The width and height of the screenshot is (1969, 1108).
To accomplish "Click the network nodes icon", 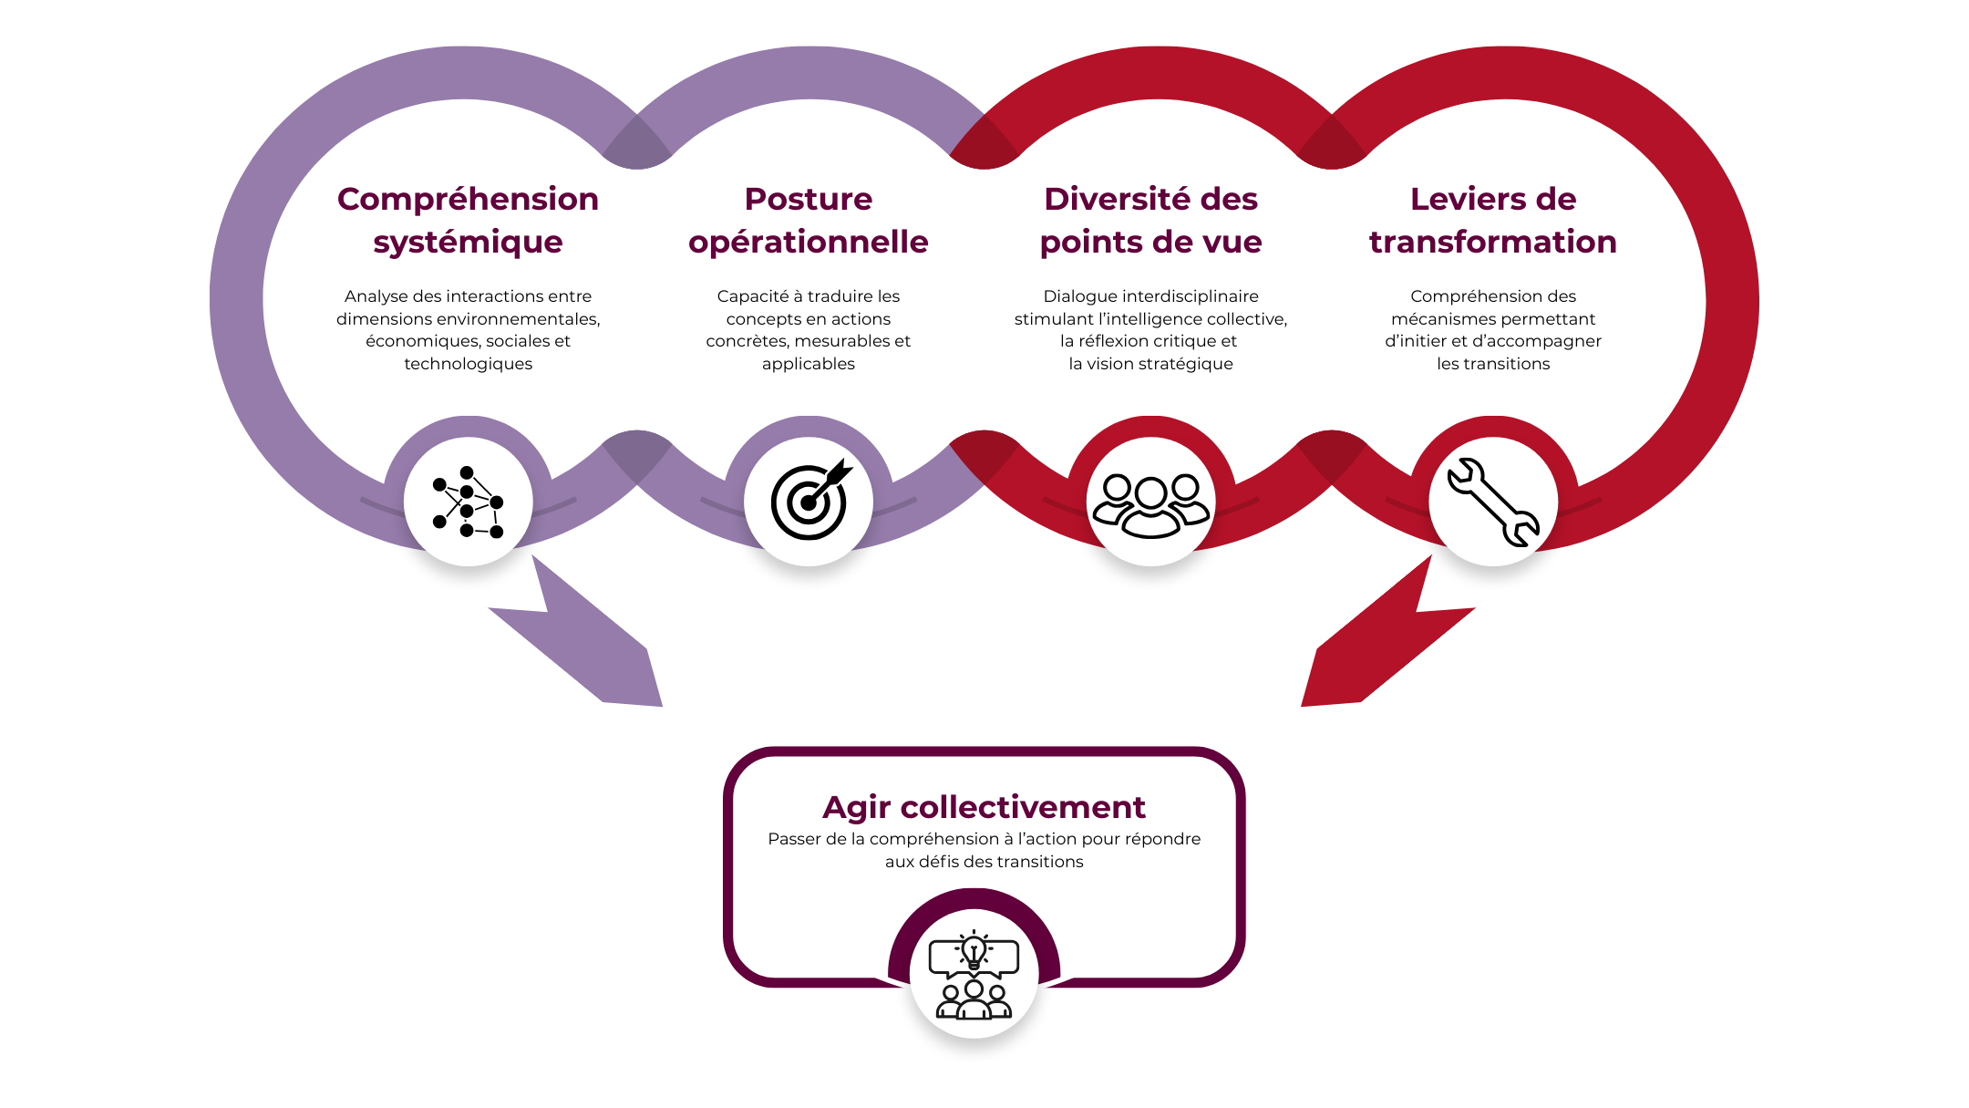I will (468, 502).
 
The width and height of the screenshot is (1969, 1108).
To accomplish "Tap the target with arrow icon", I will (809, 502).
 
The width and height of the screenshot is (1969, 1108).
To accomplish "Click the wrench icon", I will (1492, 502).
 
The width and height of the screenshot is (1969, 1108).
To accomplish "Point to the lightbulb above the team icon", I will (974, 951).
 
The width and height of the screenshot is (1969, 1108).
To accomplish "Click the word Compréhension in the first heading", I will (468, 199).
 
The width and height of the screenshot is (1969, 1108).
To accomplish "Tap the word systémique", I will (468, 243).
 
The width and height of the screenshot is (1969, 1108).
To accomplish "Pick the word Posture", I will (809, 199).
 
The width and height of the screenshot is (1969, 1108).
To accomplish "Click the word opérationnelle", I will (809, 243).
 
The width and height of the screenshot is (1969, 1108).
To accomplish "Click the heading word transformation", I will (1492, 243).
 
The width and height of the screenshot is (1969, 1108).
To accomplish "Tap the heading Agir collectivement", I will (984, 807).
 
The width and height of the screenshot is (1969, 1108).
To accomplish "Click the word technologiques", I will (468, 364).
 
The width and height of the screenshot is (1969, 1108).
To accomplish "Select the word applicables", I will (809, 364).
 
